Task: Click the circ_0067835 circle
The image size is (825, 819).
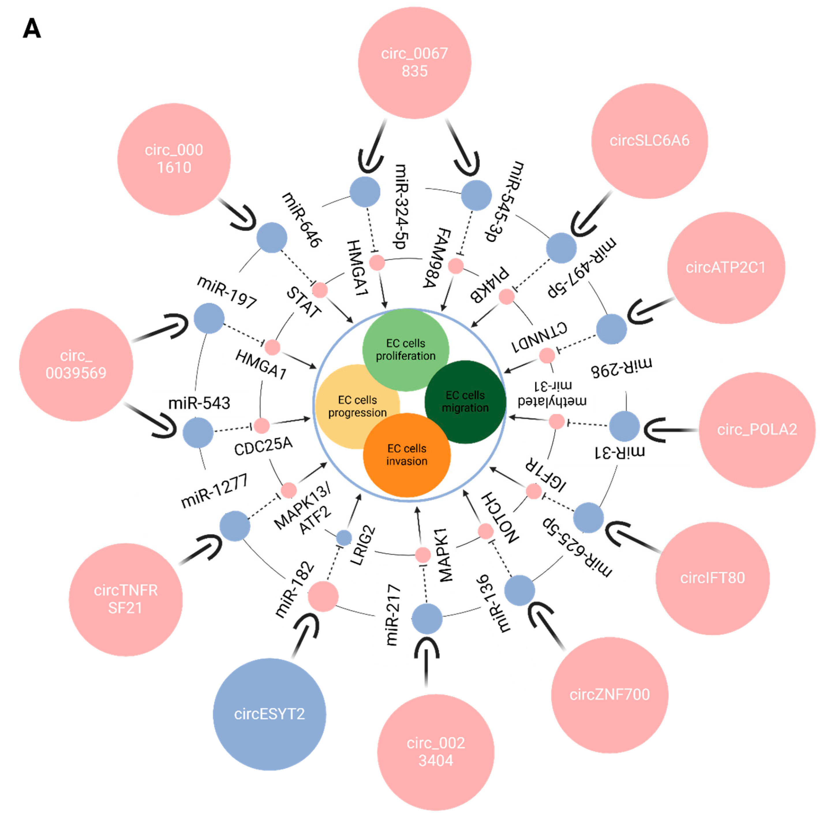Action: [x=414, y=63]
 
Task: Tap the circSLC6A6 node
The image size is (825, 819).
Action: [x=649, y=141]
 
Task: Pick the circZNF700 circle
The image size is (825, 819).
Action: [x=609, y=695]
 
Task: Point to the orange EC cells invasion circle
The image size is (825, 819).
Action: [x=407, y=455]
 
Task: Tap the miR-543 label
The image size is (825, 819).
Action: [x=199, y=403]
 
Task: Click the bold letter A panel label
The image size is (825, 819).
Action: [x=32, y=29]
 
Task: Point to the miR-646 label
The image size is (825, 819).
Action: [x=302, y=220]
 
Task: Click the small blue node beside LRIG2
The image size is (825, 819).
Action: [x=344, y=538]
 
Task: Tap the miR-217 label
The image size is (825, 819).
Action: [x=392, y=615]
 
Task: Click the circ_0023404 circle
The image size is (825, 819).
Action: [x=435, y=752]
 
